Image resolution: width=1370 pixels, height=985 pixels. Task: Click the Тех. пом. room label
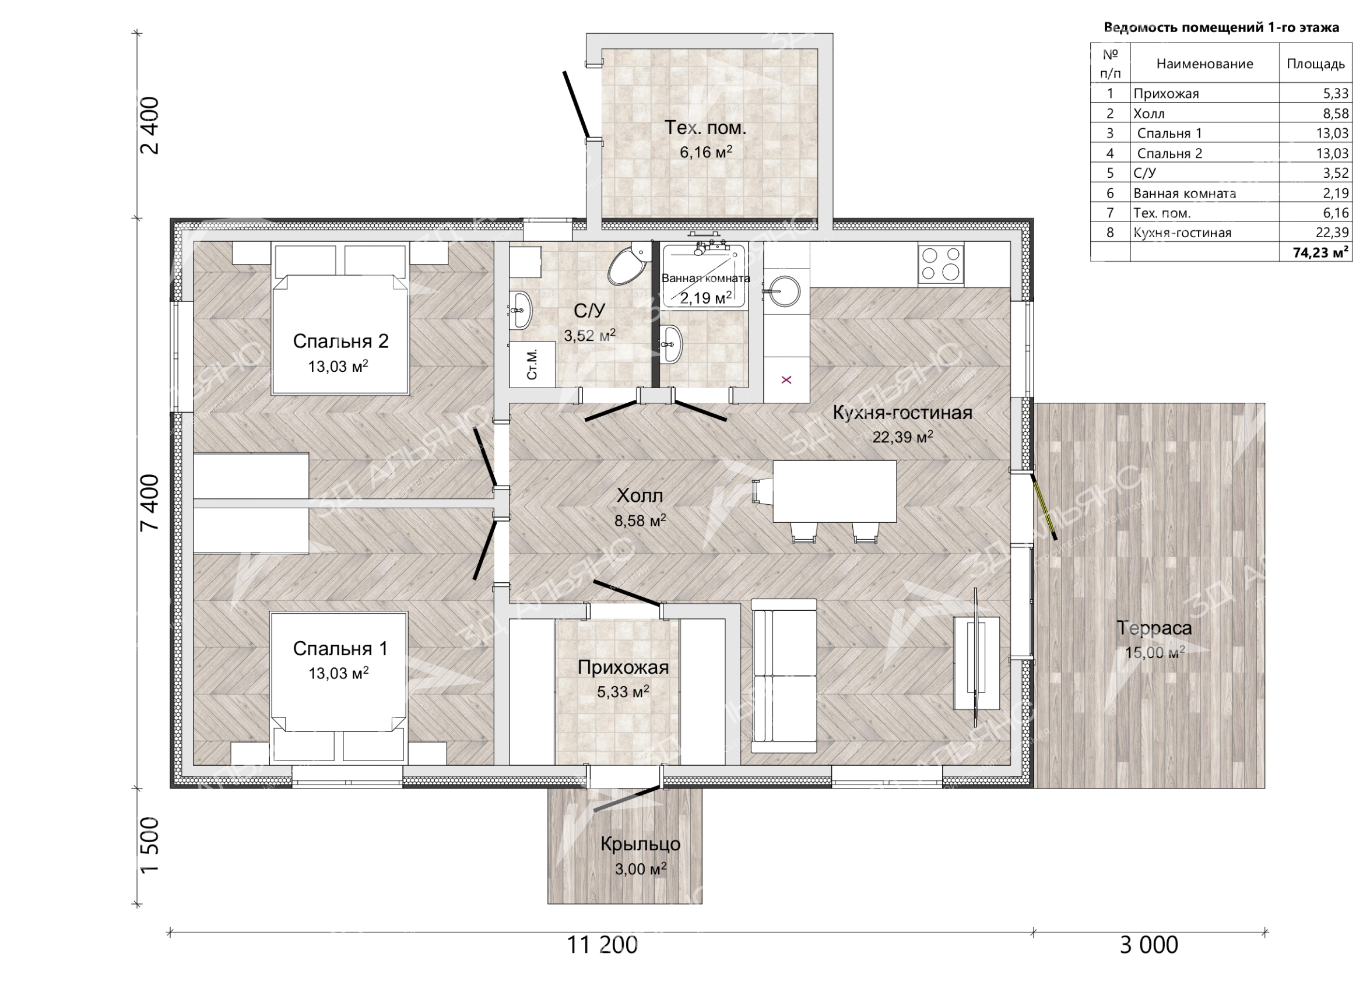point(705,128)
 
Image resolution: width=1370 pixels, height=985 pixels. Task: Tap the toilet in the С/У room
point(629,264)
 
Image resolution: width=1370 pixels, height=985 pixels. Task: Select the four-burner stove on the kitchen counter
point(940,265)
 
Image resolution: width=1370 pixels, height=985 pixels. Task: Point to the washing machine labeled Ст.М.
point(532,364)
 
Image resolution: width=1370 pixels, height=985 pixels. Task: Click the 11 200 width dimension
point(602,945)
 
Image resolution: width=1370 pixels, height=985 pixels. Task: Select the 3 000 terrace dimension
point(1148,945)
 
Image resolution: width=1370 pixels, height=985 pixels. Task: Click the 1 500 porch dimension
point(149,845)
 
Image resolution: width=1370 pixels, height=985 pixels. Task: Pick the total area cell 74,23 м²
point(1320,252)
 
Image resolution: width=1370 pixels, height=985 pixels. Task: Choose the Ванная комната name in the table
point(1185,194)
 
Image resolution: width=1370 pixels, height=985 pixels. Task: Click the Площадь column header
point(1316,64)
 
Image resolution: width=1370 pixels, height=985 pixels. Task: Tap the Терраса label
point(1154,628)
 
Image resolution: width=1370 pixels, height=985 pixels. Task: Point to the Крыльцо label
point(640,845)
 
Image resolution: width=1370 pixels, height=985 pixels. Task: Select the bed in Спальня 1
point(338,686)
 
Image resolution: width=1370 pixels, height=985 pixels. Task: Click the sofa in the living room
point(784,675)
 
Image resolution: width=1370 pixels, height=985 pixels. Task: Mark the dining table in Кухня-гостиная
point(834,491)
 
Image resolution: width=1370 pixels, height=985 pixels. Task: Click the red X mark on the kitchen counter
point(786,380)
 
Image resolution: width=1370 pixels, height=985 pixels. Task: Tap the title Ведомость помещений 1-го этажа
point(1221,28)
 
